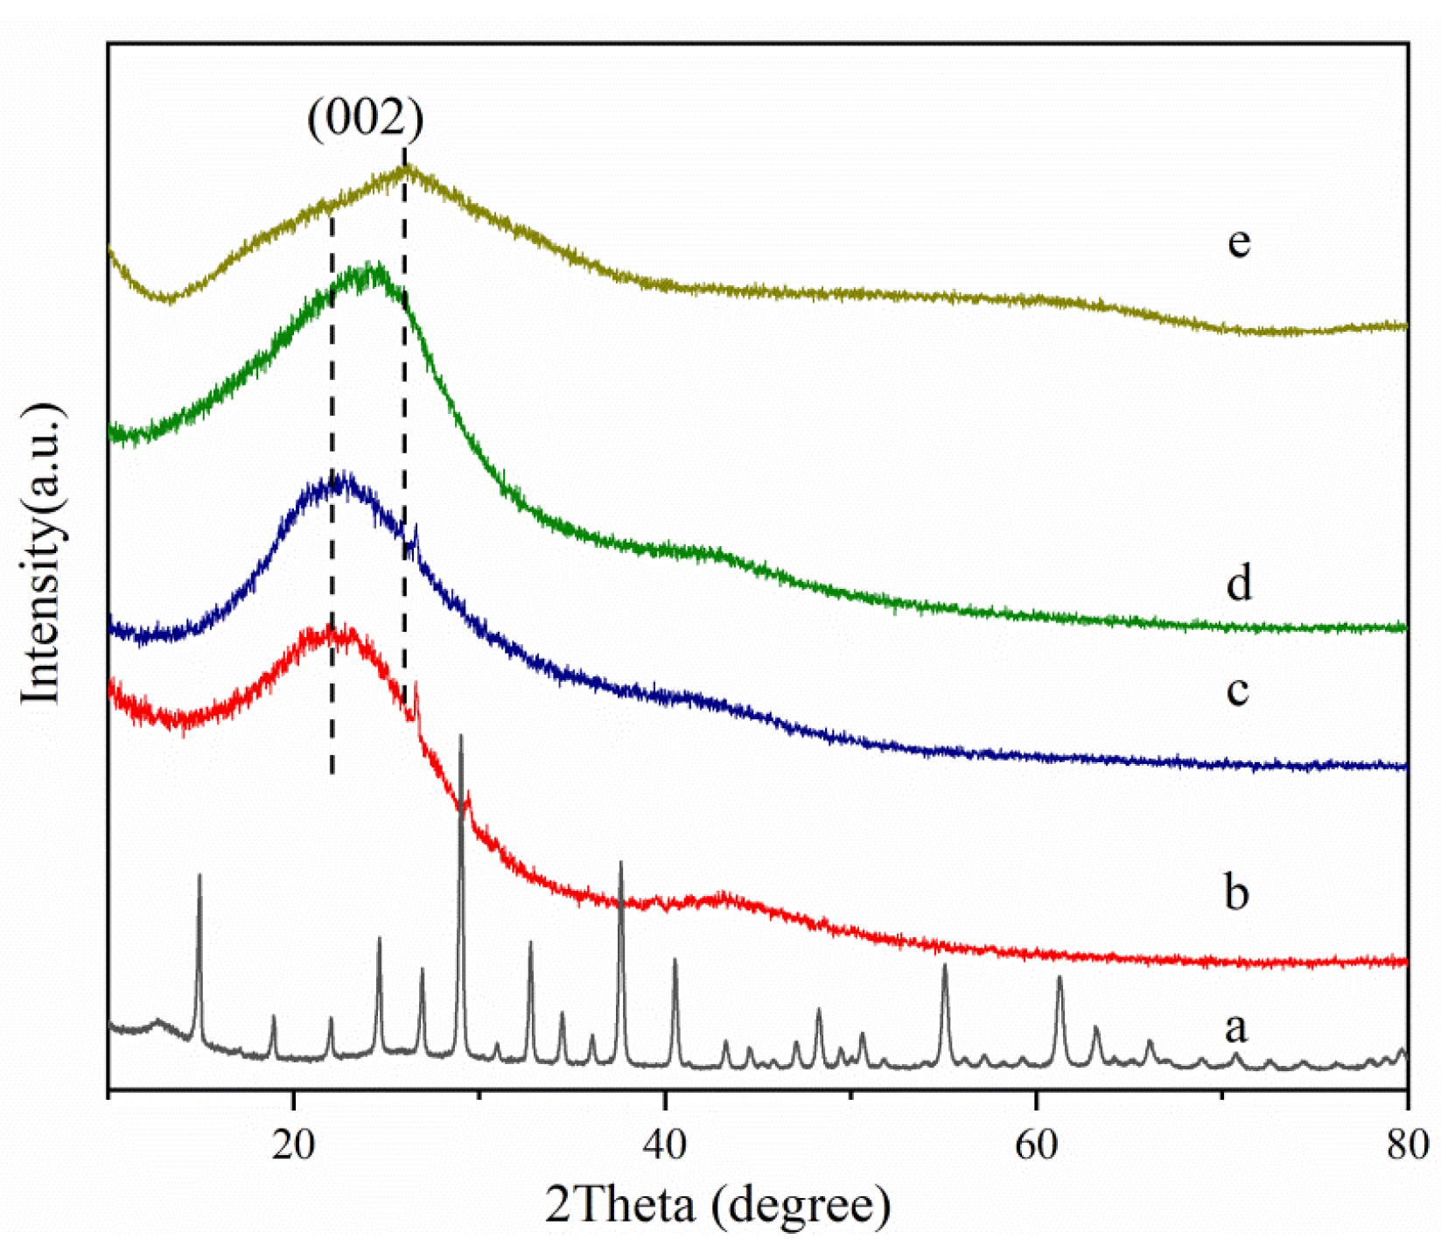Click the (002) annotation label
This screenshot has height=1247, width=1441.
tap(366, 116)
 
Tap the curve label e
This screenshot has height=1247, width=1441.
tap(1238, 242)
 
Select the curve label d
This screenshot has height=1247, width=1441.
tap(1238, 581)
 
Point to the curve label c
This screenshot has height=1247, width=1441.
tap(1236, 690)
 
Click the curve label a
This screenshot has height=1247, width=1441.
tap(1235, 1026)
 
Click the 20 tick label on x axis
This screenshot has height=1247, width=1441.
tap(293, 1144)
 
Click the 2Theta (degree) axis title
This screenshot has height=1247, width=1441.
tap(717, 1206)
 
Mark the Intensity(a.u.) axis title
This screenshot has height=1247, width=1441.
tap(41, 553)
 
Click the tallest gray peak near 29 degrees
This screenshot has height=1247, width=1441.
tap(461, 737)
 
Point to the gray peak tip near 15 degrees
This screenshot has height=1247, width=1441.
tap(199, 875)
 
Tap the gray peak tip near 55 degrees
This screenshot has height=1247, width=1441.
tap(945, 964)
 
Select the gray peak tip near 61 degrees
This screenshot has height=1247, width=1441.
tap(1060, 977)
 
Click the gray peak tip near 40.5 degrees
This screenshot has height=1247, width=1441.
tap(675, 960)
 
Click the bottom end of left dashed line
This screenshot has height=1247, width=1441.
tap(332, 774)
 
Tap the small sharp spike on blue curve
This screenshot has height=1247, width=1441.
tap(416, 528)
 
